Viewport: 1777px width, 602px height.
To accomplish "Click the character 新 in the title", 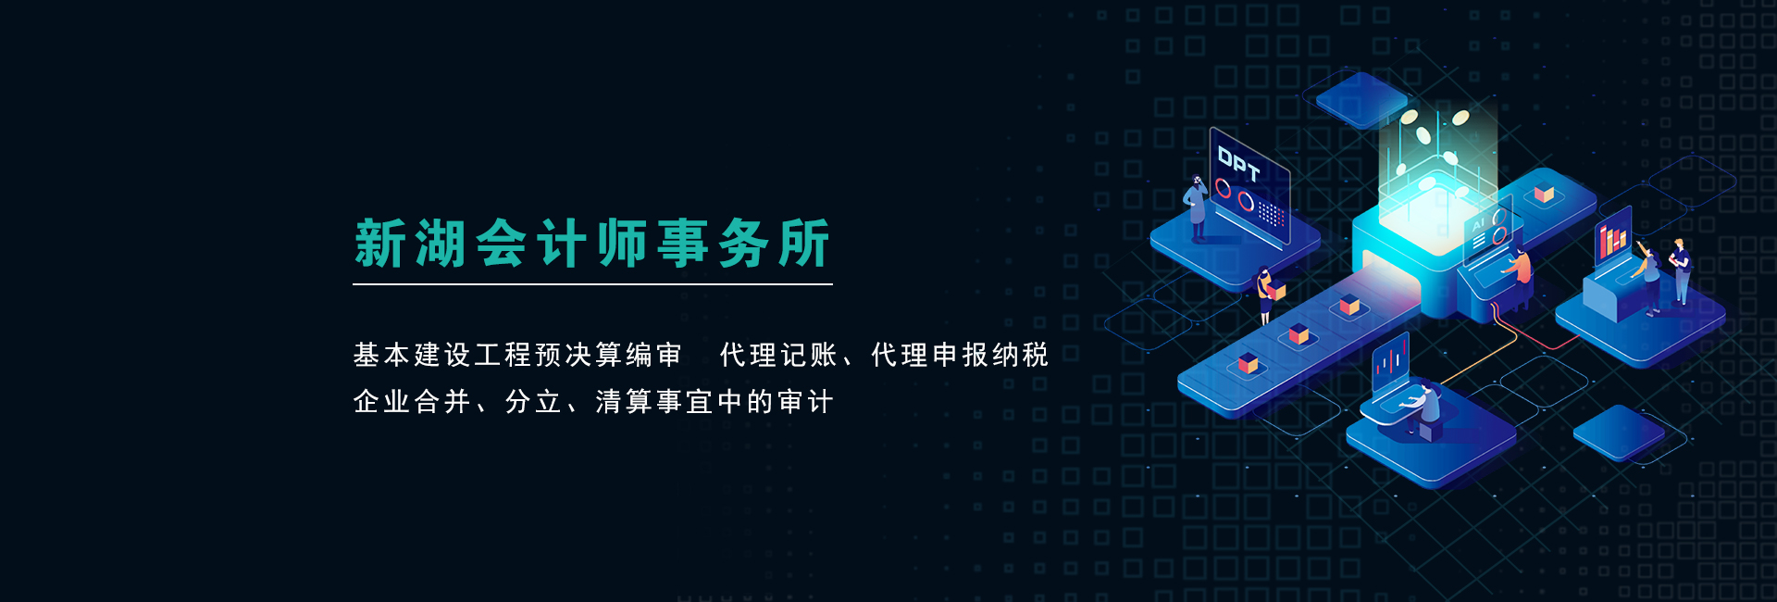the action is coord(380,244).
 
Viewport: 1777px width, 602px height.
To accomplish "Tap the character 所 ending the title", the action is coord(804,244).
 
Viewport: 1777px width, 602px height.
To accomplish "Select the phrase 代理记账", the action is coord(778,355).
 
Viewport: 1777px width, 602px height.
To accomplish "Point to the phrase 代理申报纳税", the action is coord(960,355).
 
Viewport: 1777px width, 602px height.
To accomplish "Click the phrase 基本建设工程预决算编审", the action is coord(517,355).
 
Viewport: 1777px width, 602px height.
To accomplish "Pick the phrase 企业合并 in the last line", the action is coord(412,401).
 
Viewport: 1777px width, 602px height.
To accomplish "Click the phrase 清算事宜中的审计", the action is coord(715,401).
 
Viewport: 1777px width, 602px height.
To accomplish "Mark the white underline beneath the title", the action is coord(592,284).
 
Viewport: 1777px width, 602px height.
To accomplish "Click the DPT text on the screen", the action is coord(1238,164).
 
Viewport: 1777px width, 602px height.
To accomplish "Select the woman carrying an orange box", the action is coord(1266,295).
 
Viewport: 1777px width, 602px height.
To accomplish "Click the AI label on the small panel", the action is coord(1479,224).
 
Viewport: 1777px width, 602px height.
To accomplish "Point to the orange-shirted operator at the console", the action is coord(1518,268).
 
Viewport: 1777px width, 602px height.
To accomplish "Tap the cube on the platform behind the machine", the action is coord(1544,194).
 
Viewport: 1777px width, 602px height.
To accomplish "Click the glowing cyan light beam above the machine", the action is coord(1435,157).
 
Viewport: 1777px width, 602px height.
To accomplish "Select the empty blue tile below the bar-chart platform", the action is coord(1619,433).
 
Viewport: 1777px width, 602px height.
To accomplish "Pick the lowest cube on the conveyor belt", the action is coord(1249,363).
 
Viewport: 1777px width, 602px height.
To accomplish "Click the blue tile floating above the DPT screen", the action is coord(1361,99).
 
